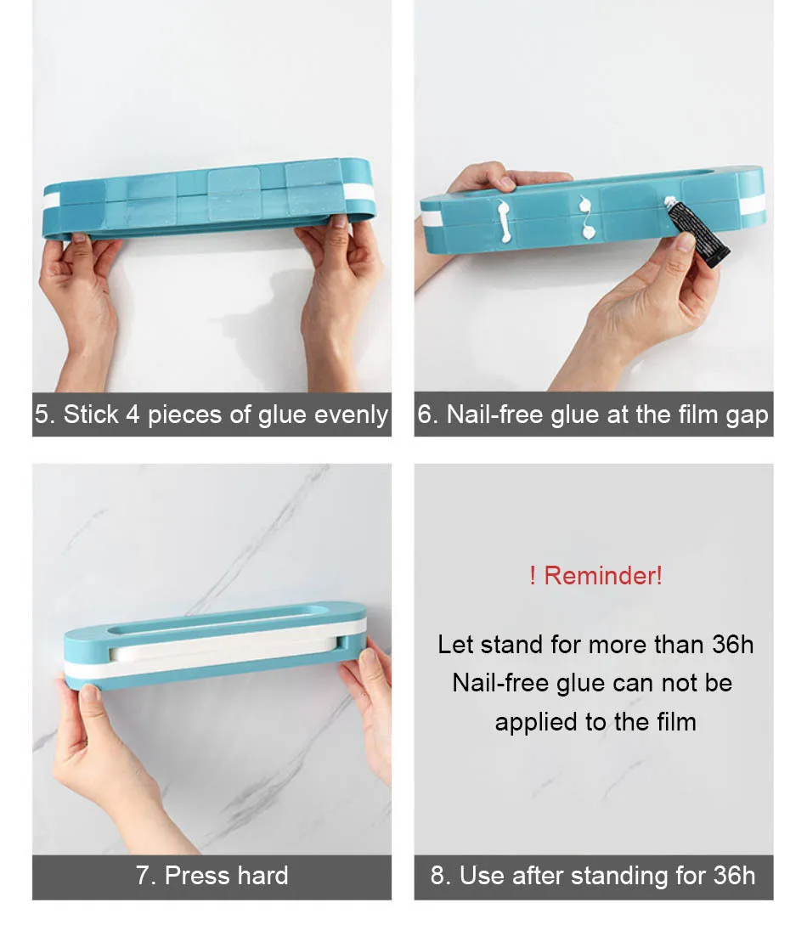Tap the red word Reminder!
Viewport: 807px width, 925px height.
click(x=603, y=576)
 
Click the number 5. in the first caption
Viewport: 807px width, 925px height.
click(x=45, y=415)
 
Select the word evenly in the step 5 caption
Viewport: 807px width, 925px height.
click(x=351, y=415)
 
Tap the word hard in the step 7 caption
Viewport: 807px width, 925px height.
click(x=260, y=876)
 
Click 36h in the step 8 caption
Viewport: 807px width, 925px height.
click(x=734, y=876)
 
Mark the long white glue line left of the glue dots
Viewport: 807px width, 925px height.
click(x=505, y=222)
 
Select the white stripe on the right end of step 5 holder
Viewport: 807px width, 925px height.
click(x=362, y=193)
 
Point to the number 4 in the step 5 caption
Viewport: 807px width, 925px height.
click(x=133, y=415)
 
